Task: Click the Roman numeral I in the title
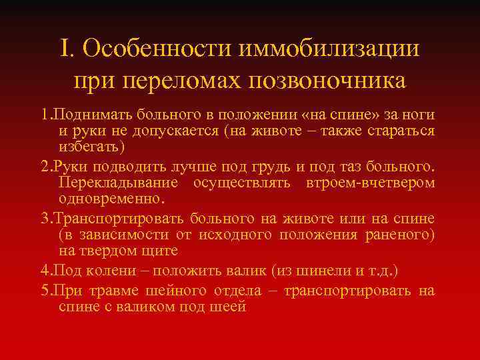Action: point(65,50)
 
